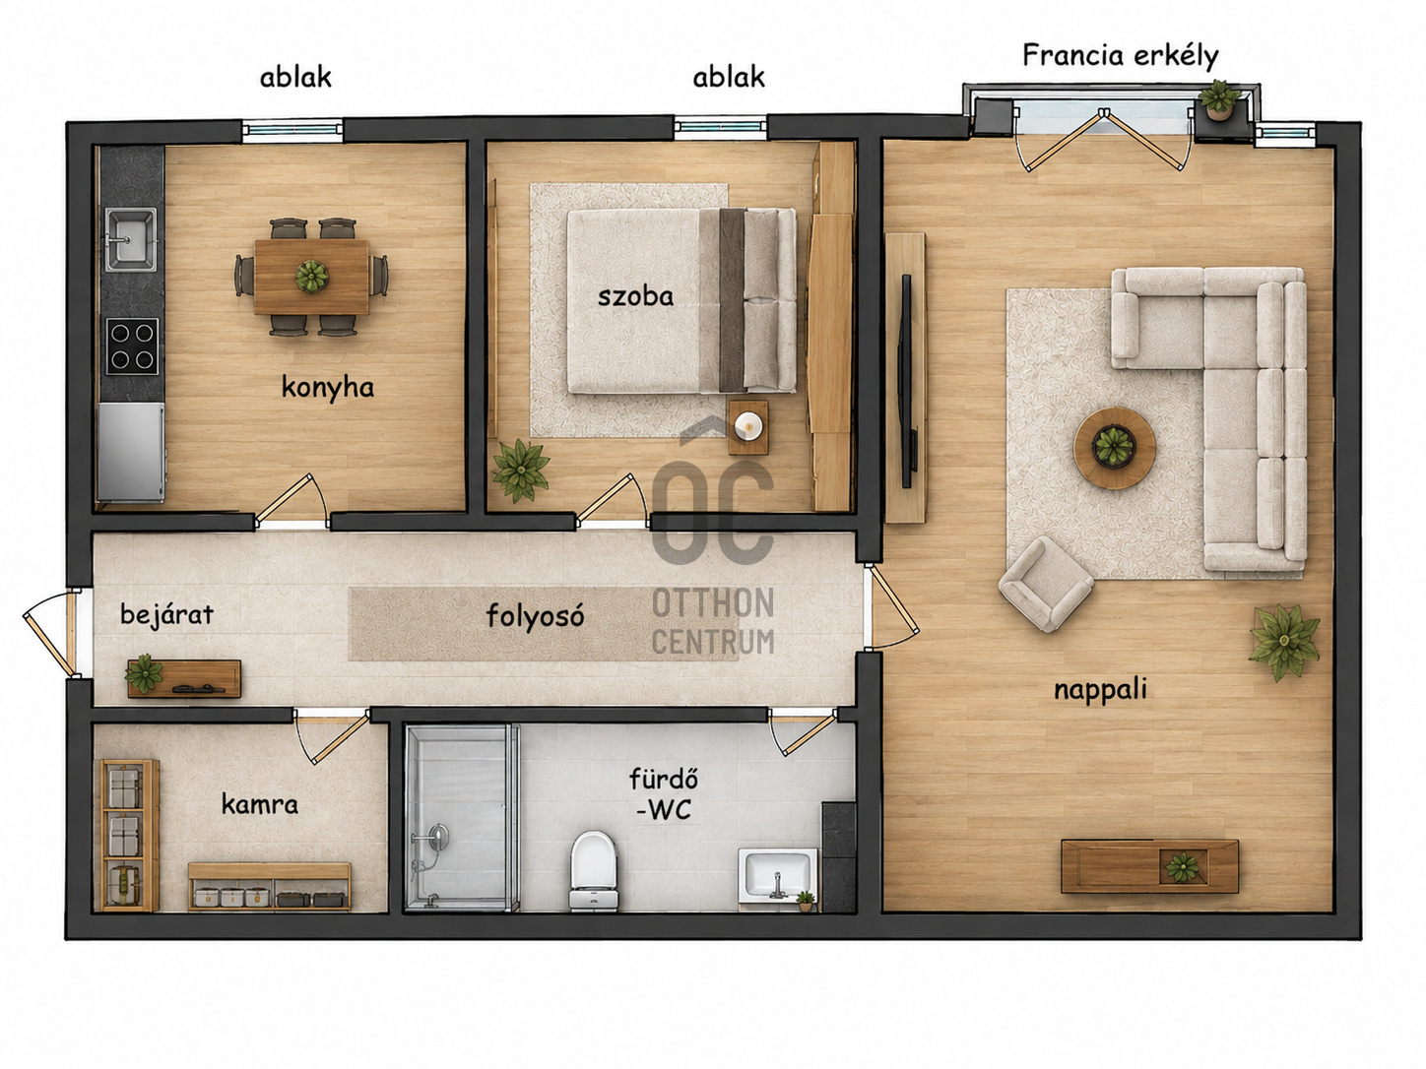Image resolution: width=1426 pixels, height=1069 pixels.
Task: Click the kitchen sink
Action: pos(131,239)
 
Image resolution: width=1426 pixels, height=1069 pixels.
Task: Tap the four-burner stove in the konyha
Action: pos(132,346)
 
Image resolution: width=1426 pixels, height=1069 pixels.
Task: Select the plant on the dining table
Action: pos(312,276)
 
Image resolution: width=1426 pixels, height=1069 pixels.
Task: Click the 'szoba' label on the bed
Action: pos(635,297)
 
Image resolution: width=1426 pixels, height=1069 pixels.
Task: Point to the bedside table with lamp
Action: pos(748,427)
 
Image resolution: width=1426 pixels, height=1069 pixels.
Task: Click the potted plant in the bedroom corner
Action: pos(520,470)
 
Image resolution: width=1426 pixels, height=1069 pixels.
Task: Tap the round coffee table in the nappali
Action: pos(1114,448)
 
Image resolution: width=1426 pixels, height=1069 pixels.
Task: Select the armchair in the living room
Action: pos(1046,584)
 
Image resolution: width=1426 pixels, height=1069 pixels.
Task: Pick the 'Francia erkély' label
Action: pos(1120,56)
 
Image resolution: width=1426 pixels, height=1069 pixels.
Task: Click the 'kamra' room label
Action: pos(260,805)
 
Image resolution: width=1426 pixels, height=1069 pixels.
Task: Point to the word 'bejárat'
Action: pos(167,614)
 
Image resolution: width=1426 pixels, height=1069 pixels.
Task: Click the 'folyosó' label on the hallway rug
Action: pos(536,615)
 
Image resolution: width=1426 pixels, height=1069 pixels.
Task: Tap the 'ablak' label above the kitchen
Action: pos(295,77)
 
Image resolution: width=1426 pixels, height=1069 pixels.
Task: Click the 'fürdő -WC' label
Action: pos(664,793)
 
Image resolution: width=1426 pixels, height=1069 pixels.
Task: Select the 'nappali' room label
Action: pos(1100,690)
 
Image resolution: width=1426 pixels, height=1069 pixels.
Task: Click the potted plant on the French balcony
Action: pos(1219,98)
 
